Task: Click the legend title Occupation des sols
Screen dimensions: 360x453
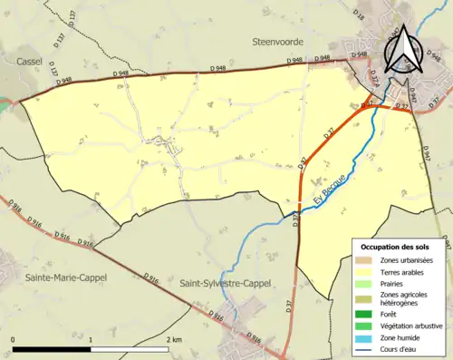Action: [396, 247]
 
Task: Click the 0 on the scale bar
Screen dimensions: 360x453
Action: [13, 339]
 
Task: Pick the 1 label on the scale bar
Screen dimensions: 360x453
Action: [90, 339]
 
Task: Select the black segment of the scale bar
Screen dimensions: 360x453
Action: [52, 349]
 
